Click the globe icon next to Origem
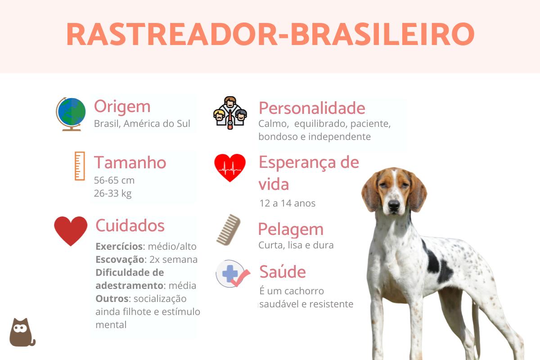tap(71, 114)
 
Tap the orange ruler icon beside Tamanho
tap(80, 166)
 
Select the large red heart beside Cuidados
tap(71, 230)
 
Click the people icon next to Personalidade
tap(230, 113)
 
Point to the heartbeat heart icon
tap(230, 167)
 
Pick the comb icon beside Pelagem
tap(228, 229)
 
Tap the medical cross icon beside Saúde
tap(232, 274)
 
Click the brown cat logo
tap(21, 333)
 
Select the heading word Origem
tap(122, 107)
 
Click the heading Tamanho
tap(130, 162)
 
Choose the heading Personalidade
tap(312, 108)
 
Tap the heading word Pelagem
tap(291, 229)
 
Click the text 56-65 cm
tap(114, 180)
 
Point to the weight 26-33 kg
tap(113, 193)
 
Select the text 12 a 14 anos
tap(288, 203)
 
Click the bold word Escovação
tap(120, 259)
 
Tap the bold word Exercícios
tap(119, 246)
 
